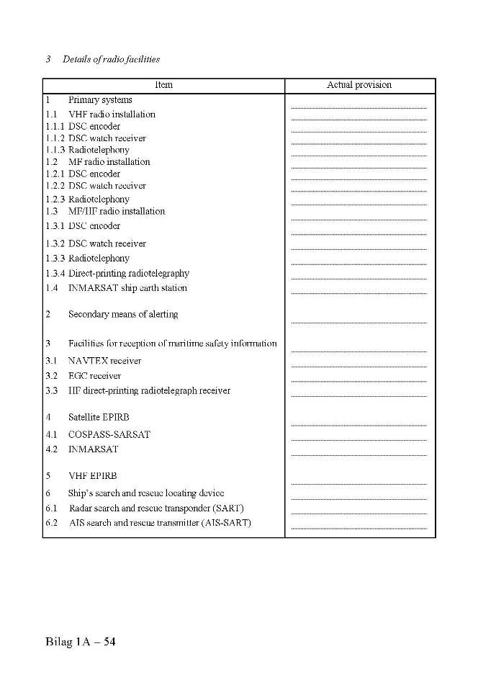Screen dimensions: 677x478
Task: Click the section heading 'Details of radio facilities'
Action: coord(111,59)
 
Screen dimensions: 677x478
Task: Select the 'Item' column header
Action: coord(163,85)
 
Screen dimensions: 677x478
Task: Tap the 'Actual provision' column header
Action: coord(359,85)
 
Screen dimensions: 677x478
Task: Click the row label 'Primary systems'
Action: coord(100,100)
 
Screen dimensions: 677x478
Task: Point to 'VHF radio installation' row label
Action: coord(112,115)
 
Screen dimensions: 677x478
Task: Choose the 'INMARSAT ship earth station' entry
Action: coord(127,288)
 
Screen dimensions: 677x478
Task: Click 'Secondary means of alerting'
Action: coord(123,315)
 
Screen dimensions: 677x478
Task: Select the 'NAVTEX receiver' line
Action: coord(104,361)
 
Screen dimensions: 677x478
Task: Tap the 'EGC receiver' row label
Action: coord(94,376)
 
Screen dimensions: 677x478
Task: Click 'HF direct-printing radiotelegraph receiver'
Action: coord(149,391)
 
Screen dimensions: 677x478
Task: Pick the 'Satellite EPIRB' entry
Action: coord(99,417)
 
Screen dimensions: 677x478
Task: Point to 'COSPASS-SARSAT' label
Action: coord(109,434)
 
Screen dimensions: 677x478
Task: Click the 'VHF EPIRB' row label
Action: coord(92,476)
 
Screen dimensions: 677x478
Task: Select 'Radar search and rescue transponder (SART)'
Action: coord(156,508)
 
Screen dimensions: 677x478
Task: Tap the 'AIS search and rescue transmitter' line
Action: coord(160,523)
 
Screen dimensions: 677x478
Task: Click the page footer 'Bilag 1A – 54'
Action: coord(80,642)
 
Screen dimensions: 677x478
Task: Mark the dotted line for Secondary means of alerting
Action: coord(359,322)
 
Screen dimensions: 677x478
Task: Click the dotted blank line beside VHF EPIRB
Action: coord(359,483)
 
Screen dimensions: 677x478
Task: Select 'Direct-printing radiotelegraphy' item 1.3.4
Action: coord(129,274)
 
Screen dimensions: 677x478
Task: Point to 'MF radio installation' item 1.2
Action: coord(109,162)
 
